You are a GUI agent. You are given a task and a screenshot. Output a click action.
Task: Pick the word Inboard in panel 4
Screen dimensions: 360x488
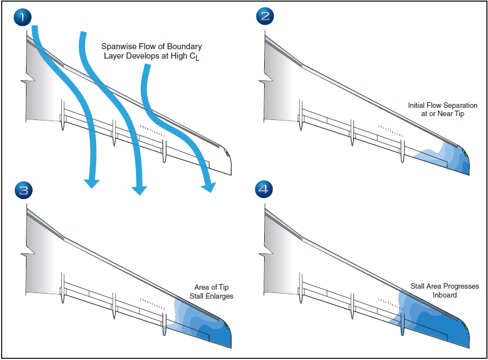444,296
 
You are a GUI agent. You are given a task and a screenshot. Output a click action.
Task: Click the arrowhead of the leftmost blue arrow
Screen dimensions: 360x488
91,183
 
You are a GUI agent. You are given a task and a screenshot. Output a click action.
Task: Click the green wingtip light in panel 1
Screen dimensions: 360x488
227,154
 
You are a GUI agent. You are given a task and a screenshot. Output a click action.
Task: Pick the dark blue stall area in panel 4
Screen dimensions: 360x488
442,332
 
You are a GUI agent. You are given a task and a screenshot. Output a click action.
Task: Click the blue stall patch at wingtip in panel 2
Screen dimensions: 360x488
450,160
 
